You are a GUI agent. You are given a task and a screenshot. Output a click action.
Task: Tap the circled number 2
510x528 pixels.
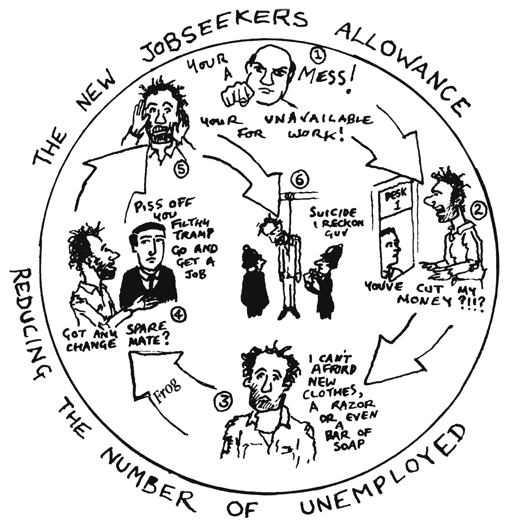tap(477, 211)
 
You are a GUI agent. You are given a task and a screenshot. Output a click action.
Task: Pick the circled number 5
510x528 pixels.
tap(181, 169)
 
